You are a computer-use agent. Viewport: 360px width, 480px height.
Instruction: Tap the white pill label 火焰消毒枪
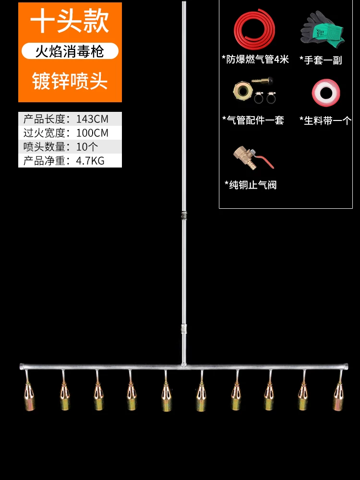click(70, 51)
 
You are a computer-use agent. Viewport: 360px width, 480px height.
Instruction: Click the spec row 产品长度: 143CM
click(70, 119)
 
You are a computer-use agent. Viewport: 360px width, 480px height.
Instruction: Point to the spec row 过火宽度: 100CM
click(70, 133)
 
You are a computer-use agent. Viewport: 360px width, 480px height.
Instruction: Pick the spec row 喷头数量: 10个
click(70, 147)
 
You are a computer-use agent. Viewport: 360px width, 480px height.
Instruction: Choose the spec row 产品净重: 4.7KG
click(70, 161)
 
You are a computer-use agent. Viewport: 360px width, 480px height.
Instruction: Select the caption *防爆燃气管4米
click(255, 60)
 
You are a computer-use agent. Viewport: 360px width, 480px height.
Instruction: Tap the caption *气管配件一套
click(253, 120)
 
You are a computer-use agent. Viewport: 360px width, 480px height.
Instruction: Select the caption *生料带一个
click(325, 120)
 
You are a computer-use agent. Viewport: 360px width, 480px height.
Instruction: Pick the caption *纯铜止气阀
click(251, 185)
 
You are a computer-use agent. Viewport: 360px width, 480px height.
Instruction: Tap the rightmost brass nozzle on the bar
click(338, 395)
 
